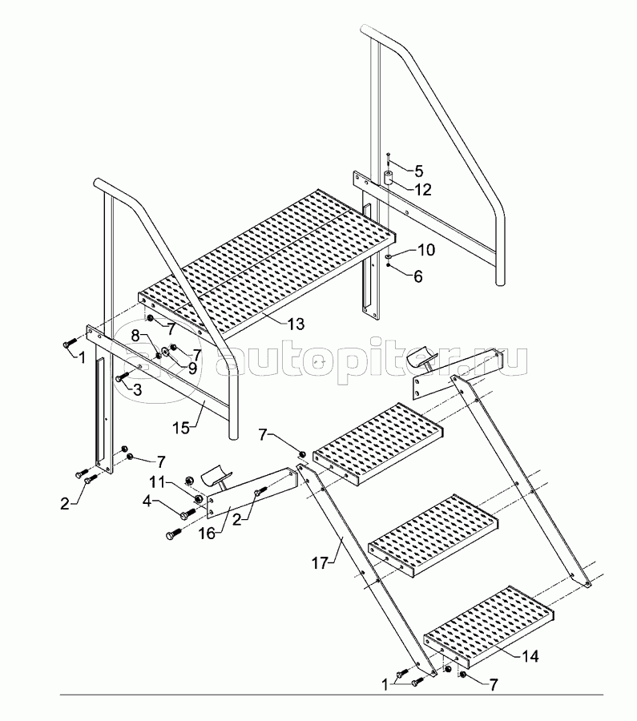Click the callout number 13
296,324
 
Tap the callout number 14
530,656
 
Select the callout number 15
182,428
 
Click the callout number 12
424,189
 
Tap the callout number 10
426,251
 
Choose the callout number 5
417,171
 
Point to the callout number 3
137,390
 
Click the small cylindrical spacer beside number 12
387,179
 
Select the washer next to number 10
388,257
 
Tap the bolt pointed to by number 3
121,377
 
